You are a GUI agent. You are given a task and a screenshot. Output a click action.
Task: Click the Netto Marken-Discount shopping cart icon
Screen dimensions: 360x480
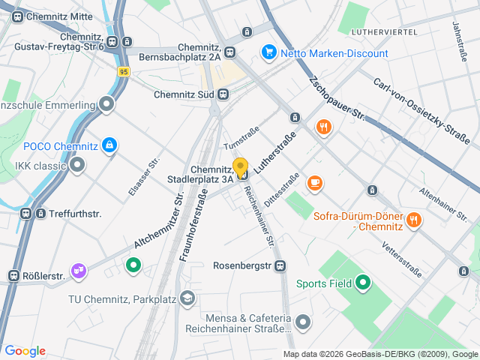coord(268,52)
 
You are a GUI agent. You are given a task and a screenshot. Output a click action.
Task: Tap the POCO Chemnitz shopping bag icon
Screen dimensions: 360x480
coord(110,145)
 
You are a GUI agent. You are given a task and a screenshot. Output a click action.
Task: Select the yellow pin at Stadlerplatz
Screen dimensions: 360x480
coord(241,167)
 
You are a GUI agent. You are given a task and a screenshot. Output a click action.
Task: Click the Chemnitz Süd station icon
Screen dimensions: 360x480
coord(223,94)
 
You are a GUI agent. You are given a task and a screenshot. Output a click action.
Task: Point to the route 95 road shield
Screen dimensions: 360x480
coord(124,71)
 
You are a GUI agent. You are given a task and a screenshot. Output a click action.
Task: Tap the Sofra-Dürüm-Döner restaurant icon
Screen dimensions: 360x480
coord(413,220)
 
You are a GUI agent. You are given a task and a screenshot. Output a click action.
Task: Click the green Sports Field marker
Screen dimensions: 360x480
coord(364,283)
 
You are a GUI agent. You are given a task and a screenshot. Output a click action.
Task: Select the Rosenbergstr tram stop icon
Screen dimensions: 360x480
coord(280,265)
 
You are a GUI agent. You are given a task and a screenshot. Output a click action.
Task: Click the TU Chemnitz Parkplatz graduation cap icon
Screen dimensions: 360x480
coord(187,299)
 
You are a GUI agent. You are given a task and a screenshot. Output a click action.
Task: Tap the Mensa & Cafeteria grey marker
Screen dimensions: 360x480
coord(303,322)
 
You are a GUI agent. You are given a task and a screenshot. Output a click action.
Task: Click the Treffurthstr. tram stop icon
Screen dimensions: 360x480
coord(26,214)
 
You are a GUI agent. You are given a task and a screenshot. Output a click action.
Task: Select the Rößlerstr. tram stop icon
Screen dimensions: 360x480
coord(13,276)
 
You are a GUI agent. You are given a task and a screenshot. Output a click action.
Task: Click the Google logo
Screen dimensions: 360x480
coord(25,351)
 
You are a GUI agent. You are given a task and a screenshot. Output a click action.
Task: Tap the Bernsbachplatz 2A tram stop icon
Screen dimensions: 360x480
coord(230,52)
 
